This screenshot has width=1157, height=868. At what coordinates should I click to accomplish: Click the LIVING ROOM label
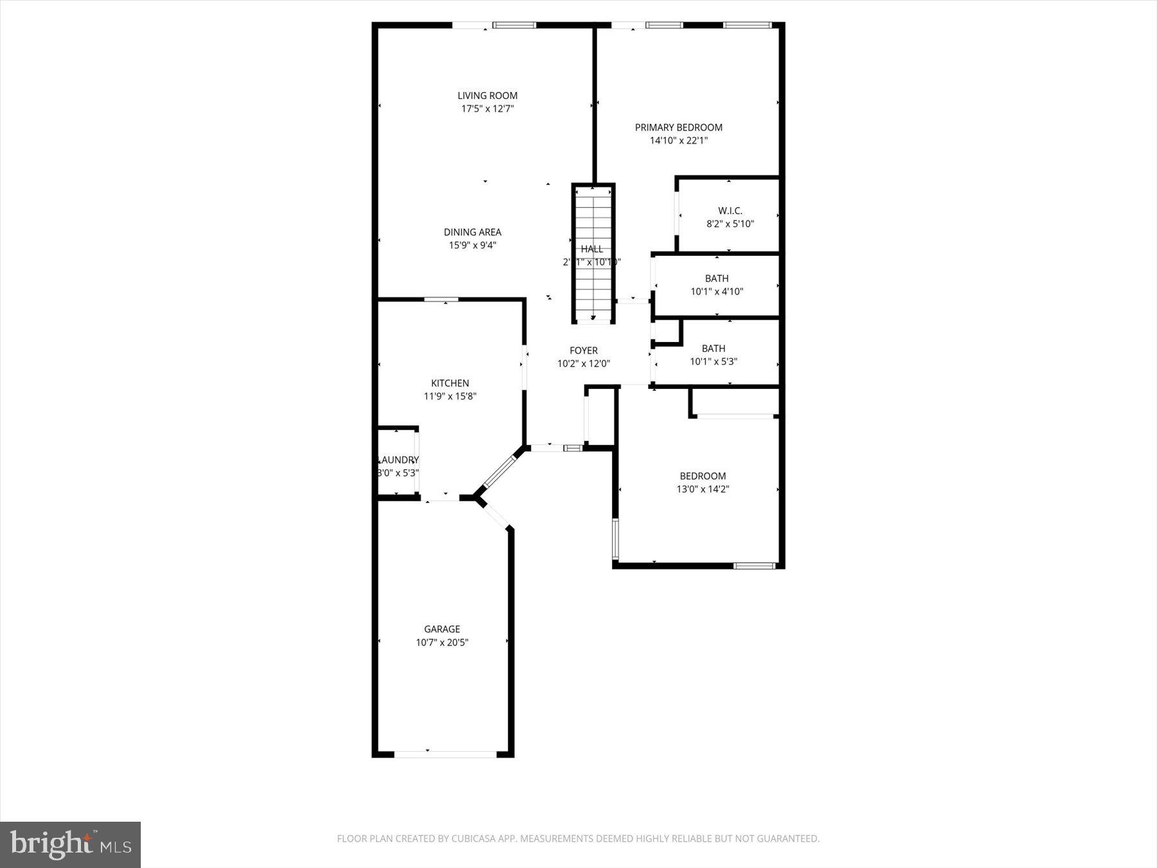[487, 96]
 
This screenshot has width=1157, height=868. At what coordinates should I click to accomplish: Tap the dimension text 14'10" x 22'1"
[678, 141]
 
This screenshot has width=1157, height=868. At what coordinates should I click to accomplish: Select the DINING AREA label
[472, 232]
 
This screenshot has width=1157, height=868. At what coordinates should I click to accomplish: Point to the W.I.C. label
[730, 211]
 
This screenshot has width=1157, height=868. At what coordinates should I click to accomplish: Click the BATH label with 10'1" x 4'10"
[717, 278]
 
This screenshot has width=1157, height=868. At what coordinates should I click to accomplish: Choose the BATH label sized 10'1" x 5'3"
[713, 348]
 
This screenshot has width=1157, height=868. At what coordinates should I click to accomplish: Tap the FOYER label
[584, 350]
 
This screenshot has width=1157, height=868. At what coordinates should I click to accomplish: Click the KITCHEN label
[450, 383]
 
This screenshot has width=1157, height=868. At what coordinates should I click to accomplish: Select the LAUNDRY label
[399, 460]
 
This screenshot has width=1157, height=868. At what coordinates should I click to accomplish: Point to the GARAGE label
[442, 629]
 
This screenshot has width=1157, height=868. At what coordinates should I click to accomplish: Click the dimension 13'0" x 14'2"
[703, 489]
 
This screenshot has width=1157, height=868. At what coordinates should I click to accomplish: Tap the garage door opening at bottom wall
[445, 754]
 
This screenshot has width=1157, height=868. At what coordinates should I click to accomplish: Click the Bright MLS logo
[71, 844]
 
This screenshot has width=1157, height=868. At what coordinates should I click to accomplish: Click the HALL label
[592, 249]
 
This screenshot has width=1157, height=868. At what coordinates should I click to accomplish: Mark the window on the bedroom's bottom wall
[755, 566]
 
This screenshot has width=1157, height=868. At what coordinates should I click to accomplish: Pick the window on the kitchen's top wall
[441, 300]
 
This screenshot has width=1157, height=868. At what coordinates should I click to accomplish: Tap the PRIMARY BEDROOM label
[678, 127]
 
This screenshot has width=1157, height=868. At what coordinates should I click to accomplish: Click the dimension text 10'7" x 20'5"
[442, 642]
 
